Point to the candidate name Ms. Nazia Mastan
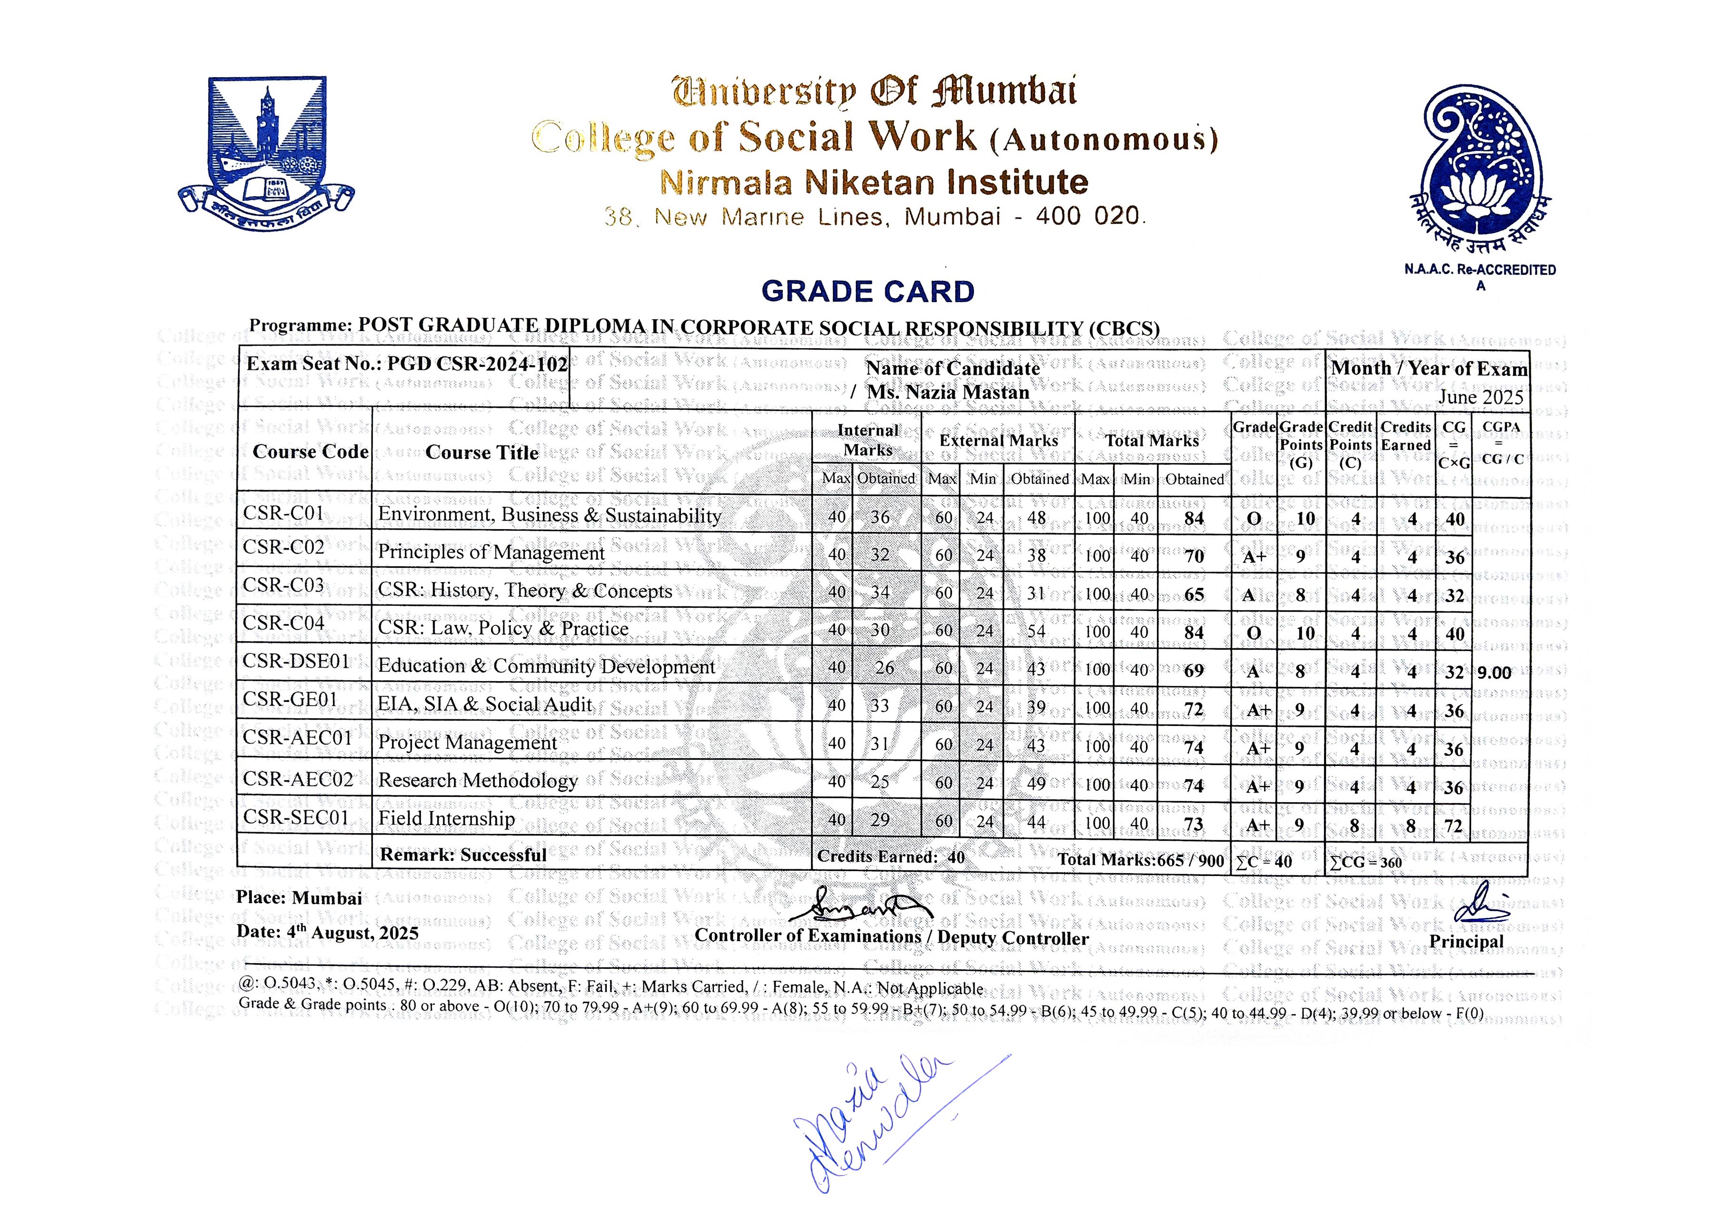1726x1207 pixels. pos(948,392)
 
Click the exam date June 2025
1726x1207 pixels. pos(1480,397)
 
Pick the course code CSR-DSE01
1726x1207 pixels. pos(296,662)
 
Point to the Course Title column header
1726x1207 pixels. pos(482,453)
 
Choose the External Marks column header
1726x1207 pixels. pos(998,441)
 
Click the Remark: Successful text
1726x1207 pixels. pos(463,855)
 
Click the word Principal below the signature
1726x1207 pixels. pos(1466,942)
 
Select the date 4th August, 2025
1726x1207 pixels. pos(327,933)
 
